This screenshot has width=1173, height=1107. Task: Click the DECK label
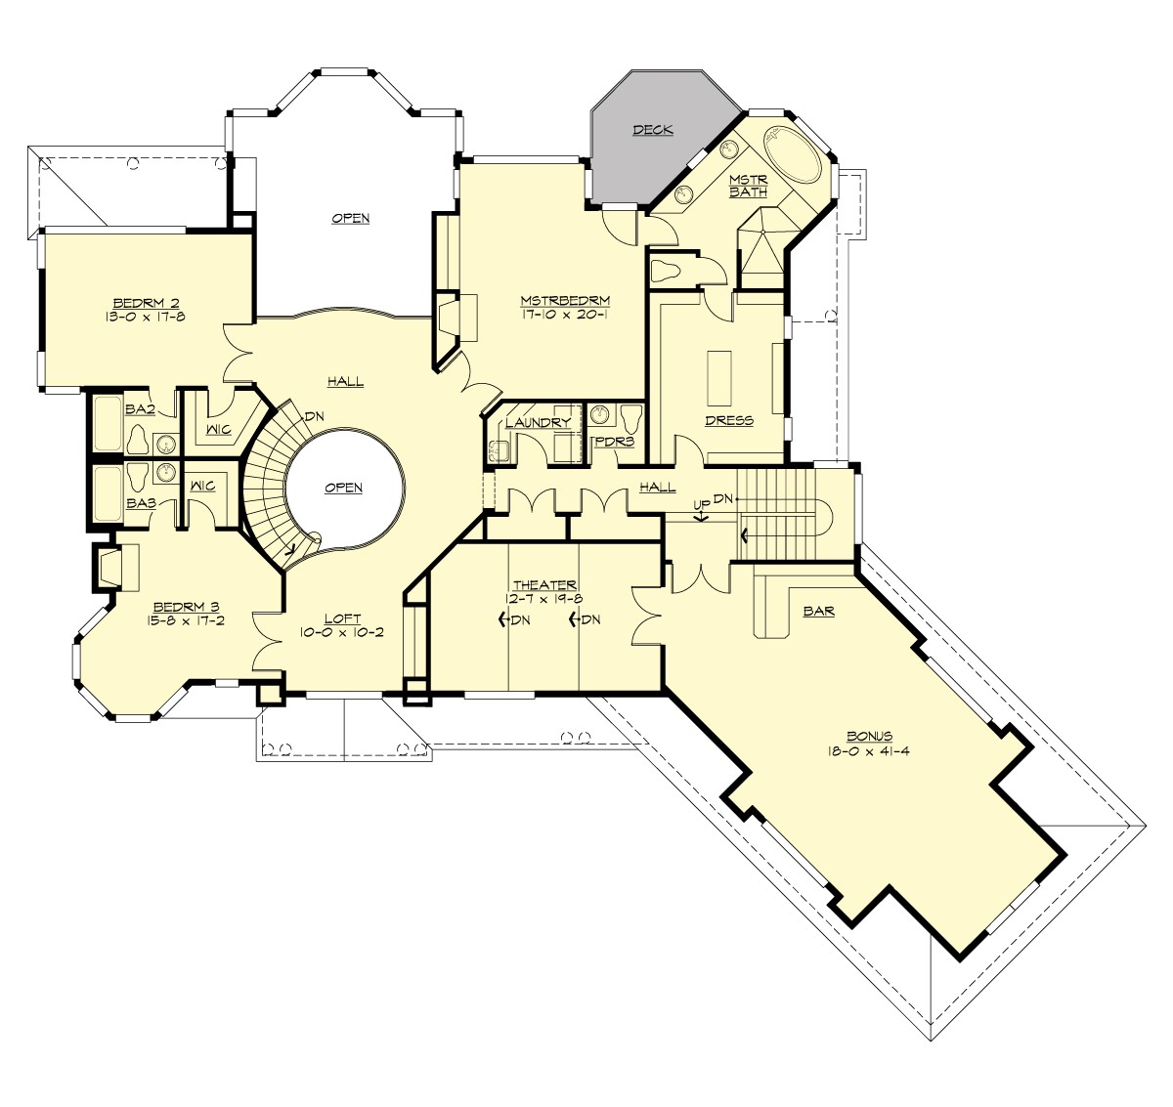pos(652,130)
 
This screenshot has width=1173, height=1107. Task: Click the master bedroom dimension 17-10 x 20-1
pos(565,315)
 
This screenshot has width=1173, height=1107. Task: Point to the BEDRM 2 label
pos(146,302)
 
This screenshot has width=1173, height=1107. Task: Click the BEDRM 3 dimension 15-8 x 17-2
pos(179,619)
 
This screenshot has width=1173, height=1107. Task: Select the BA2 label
pos(140,408)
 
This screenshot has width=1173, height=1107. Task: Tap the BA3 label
pos(140,503)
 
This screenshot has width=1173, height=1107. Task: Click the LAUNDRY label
pos(538,423)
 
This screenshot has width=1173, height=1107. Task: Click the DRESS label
pos(728,420)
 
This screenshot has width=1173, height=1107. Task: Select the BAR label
pos(817,611)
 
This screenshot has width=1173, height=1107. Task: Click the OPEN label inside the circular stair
pos(344,488)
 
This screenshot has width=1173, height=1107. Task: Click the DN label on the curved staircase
pos(313,415)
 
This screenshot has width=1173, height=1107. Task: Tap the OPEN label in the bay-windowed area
pos(350,218)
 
